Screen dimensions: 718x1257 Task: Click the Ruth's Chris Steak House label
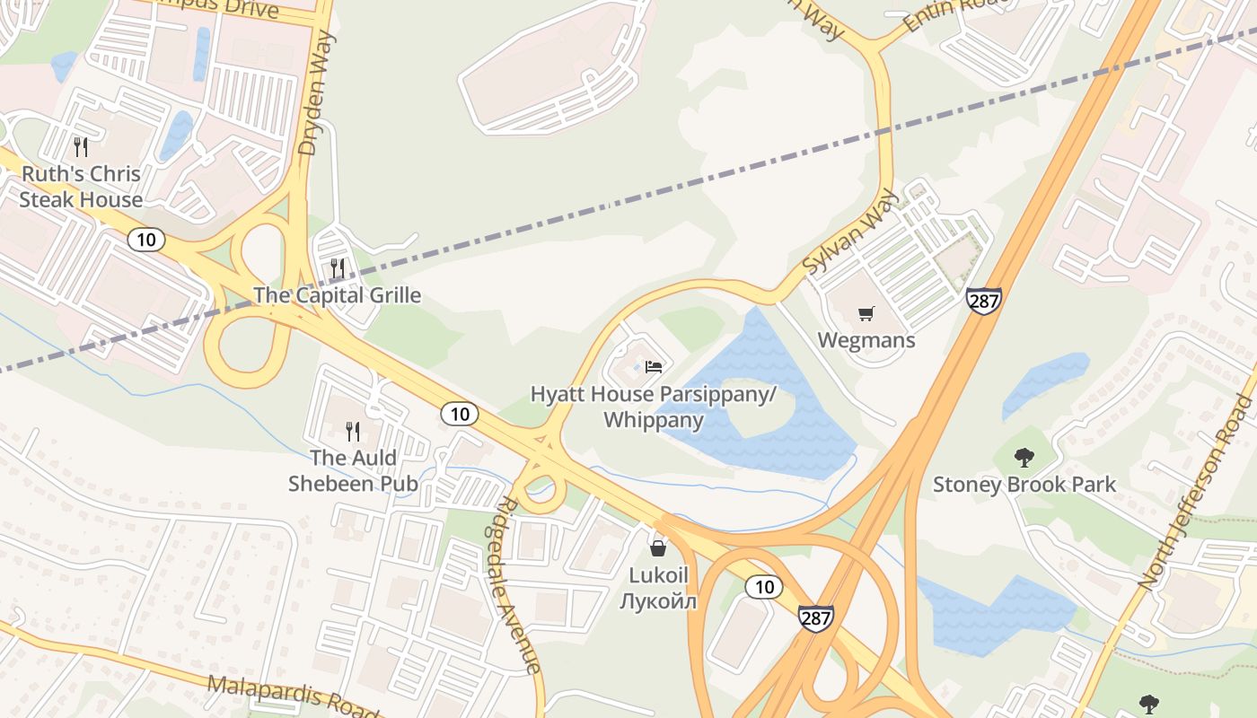81,187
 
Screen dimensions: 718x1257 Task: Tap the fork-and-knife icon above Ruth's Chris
81,146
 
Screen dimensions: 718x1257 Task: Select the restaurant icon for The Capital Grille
338,267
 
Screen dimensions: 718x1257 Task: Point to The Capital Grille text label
337,295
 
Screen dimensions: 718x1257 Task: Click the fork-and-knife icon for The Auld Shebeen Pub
353,431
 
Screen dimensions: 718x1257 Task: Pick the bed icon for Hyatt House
654,366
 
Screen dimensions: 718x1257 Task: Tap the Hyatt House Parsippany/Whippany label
653,407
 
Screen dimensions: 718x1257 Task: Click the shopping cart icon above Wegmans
866,313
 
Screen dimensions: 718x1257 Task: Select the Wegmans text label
866,340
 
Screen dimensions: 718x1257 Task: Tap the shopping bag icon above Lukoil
658,547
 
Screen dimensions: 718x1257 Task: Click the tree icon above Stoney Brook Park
1024,458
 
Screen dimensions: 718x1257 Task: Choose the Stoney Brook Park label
1024,485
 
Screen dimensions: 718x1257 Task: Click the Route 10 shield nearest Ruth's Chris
146,239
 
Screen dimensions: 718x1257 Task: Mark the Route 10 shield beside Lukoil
764,587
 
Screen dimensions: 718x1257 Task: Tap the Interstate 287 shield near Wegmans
984,301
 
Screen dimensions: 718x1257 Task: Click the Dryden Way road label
318,94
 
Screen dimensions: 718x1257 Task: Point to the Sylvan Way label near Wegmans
849,231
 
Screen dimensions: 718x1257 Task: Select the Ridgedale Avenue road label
520,583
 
